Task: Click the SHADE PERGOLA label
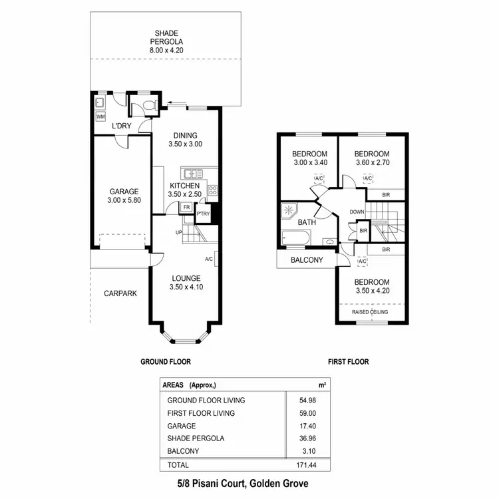(x=166, y=37)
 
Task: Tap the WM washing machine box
(x=100, y=117)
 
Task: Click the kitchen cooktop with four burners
(x=213, y=190)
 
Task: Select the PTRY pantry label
(x=203, y=214)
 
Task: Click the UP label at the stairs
(x=178, y=232)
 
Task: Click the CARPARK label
(x=120, y=293)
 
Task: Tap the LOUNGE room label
(x=186, y=278)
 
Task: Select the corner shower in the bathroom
(x=290, y=211)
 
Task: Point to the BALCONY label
(x=307, y=260)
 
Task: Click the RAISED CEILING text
(x=370, y=312)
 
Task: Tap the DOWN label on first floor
(x=357, y=212)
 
